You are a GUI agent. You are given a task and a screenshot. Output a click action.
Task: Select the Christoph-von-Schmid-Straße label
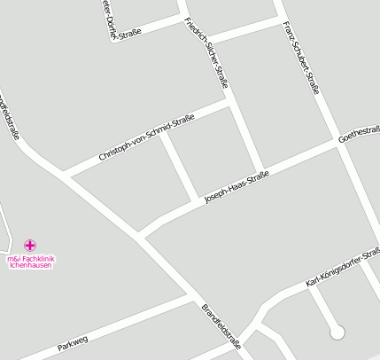tap(146, 138)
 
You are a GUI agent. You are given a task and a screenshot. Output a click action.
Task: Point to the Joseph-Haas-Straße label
tap(236, 186)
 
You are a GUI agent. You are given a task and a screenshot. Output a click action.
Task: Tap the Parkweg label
tap(74, 342)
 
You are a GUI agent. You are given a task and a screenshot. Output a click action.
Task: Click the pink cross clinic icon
tap(30, 245)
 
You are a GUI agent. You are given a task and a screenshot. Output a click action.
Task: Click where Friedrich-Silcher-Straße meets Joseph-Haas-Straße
tap(260, 171)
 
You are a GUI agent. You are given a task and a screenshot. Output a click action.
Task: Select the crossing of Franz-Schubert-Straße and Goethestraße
tap(341, 142)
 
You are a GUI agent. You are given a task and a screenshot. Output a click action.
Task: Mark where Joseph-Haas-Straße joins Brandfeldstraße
tap(141, 235)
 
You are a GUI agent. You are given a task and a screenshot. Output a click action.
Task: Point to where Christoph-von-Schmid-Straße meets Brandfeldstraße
tap(64, 172)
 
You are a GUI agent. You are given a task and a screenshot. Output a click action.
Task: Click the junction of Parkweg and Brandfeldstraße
tap(197, 297)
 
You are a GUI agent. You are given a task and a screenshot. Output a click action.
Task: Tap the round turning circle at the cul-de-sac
tap(337, 333)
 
